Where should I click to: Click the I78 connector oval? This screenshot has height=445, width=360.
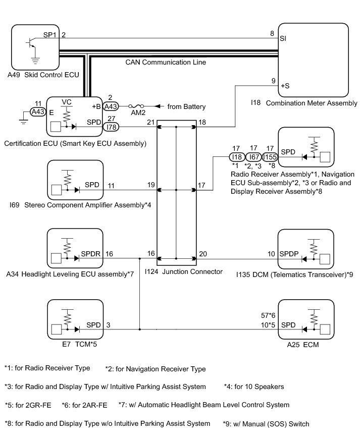[111, 127]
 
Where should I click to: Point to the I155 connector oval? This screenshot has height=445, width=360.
[270, 157]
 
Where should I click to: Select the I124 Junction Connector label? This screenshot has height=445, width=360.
[183, 271]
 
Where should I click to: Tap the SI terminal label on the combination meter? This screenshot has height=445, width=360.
[283, 38]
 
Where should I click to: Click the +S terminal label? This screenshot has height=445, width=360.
[286, 86]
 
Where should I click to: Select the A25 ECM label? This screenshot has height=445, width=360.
[305, 346]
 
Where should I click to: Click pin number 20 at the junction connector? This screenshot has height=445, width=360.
[203, 254]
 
